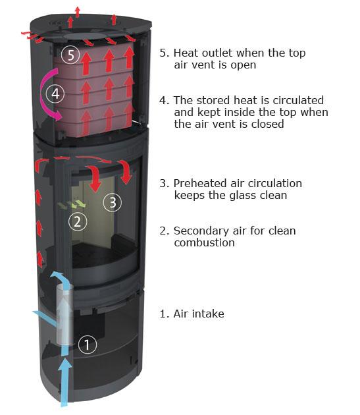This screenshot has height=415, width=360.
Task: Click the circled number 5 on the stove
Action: pos(70,55)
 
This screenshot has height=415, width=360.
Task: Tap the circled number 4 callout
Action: pos(55,94)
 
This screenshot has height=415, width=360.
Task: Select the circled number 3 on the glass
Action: pos(113,202)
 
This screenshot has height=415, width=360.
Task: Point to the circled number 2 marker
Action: pos(78,221)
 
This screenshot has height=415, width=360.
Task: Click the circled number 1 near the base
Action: pos(88,345)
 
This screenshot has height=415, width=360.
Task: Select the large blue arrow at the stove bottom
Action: pos(64,381)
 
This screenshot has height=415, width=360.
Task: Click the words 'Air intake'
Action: pos(199,314)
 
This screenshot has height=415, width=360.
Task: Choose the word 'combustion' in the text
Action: pos(205,242)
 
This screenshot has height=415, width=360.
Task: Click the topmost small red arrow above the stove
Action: pos(77,12)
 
